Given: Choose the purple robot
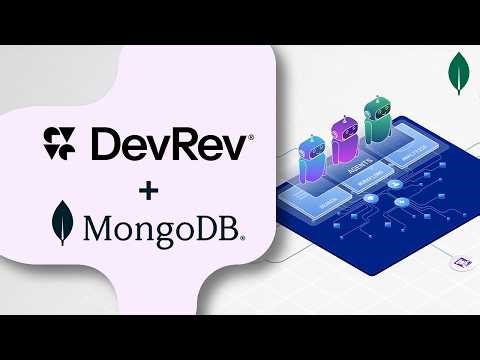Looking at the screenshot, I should [x=343, y=141].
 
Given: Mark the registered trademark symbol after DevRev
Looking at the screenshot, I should [x=249, y=135].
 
